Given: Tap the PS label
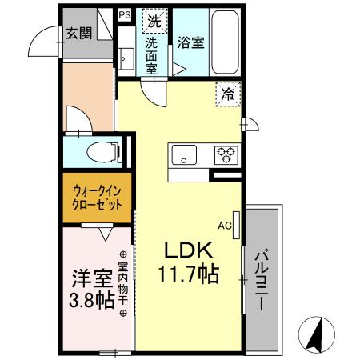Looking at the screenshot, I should pyautogui.click(x=124, y=14).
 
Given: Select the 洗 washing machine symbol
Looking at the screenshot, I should pyautogui.click(x=150, y=18).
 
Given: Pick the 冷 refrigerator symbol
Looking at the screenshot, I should pyautogui.click(x=228, y=94).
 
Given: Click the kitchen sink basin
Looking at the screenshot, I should pyautogui.click(x=185, y=154).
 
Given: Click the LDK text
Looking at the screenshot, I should pyautogui.click(x=189, y=251).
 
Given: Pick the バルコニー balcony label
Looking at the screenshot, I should pyautogui.click(x=263, y=280).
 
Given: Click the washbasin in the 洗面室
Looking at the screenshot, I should pyautogui.click(x=124, y=57).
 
